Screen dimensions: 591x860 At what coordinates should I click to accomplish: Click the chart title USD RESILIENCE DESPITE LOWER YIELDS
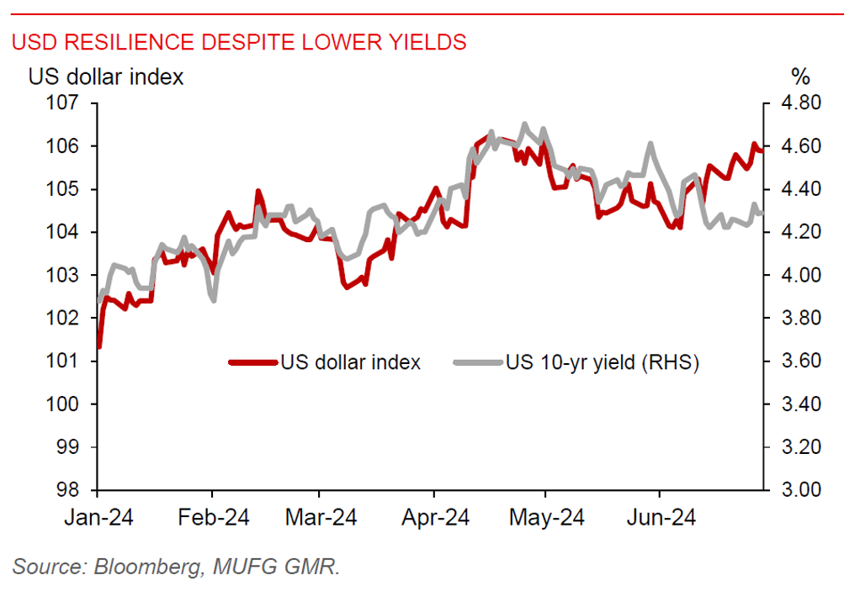(239, 42)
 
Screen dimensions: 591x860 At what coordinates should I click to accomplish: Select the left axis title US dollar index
(106, 77)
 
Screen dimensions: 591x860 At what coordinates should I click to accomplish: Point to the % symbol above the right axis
(800, 77)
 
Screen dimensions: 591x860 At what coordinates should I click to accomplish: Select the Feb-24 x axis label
(213, 518)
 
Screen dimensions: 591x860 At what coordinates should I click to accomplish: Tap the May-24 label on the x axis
(546, 518)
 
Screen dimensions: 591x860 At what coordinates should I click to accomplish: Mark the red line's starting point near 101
(99, 346)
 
